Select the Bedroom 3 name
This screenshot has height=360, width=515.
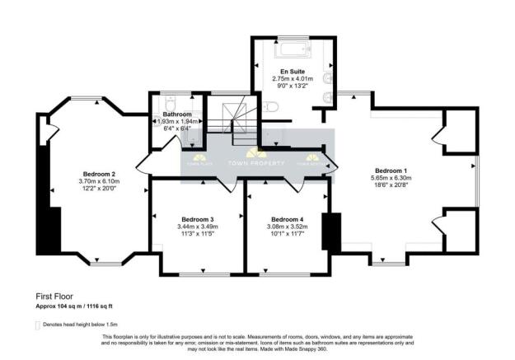click(198, 219)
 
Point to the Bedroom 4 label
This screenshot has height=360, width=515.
click(288, 219)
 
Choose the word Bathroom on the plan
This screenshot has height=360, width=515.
click(176, 115)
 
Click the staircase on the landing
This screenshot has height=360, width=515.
click(230, 119)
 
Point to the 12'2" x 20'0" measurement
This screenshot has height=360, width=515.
click(96, 189)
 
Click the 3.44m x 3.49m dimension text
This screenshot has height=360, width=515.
click(198, 227)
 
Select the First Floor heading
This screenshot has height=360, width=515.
click(54, 295)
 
